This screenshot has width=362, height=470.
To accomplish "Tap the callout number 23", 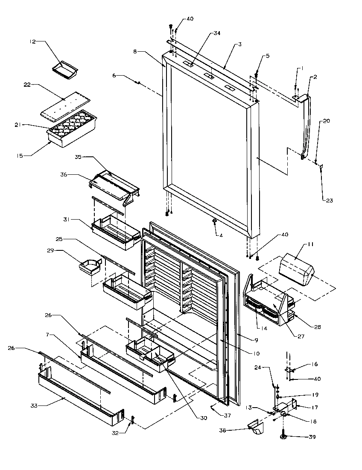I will [x=329, y=200].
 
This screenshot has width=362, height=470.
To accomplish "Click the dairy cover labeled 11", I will [x=296, y=270].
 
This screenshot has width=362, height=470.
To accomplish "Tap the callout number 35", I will [x=78, y=157].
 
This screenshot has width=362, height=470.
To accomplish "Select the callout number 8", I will [x=135, y=52].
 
